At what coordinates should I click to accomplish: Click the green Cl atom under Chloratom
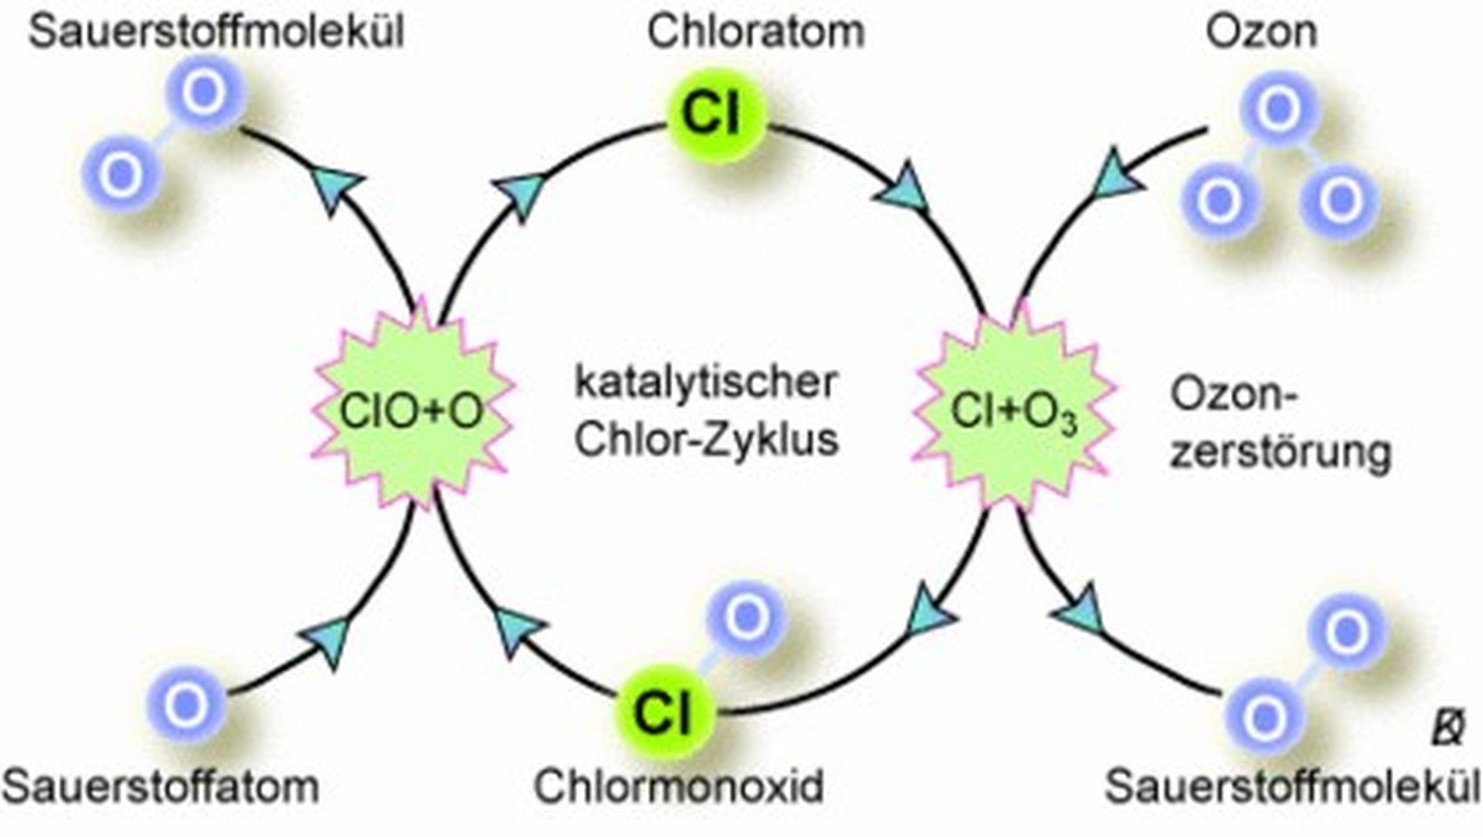click(x=714, y=114)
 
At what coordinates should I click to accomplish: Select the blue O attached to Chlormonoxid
click(x=745, y=618)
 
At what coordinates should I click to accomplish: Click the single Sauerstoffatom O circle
click(x=185, y=705)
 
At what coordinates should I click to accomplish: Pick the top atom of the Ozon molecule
click(x=1279, y=108)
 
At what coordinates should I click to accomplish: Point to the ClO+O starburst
click(x=412, y=410)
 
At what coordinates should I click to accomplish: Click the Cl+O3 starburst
click(x=1014, y=410)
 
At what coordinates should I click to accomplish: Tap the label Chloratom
click(x=755, y=31)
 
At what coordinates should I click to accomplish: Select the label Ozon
click(x=1260, y=31)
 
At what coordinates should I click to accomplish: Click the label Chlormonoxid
click(x=679, y=786)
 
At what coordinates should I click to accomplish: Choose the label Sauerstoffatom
click(x=160, y=786)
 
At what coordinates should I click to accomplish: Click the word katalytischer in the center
click(x=705, y=381)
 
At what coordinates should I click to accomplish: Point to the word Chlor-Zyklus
click(x=706, y=438)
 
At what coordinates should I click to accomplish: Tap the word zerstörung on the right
click(x=1280, y=452)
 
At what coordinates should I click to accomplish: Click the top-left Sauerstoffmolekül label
click(x=216, y=31)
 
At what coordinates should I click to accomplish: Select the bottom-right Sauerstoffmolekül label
click(x=1292, y=786)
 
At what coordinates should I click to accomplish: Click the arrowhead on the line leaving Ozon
click(x=1120, y=176)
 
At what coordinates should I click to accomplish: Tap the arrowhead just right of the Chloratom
click(x=904, y=187)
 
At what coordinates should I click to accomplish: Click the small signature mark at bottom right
click(x=1447, y=728)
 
